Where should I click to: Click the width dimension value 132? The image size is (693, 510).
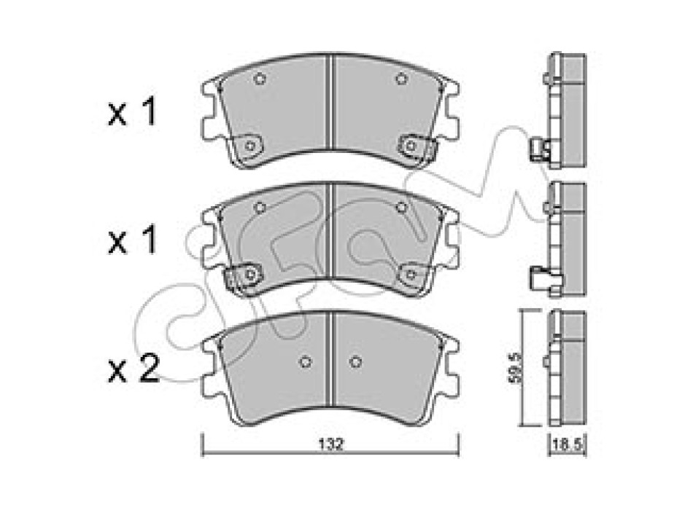(331, 444)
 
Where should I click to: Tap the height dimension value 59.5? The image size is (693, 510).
(515, 368)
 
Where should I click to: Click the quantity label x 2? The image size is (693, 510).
(133, 369)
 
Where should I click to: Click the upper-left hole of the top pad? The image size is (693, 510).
(260, 79)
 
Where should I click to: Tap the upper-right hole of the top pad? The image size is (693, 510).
(401, 79)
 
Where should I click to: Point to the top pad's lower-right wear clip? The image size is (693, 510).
(417, 146)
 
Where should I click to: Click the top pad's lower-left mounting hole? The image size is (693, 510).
(249, 146)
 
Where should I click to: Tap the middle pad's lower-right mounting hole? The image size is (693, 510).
(411, 275)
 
